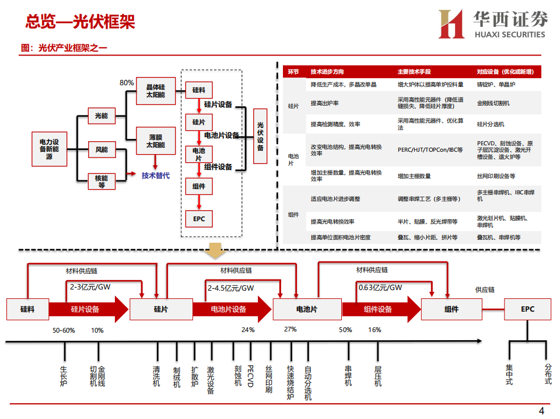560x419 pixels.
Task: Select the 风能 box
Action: tap(101, 150)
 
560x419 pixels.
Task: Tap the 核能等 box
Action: tap(101, 181)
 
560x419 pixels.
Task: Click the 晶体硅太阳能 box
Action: tap(155, 90)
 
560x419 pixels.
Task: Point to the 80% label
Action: tap(127, 82)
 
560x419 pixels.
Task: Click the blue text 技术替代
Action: tap(155, 175)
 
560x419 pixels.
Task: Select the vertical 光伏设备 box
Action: tap(260, 137)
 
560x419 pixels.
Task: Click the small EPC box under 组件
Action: tap(198, 218)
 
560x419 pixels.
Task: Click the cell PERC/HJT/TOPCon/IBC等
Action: tap(430, 149)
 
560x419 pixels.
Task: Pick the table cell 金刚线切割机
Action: tap(493, 103)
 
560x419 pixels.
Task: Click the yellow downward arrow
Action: tap(216, 251)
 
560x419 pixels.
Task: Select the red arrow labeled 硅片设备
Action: tap(88, 309)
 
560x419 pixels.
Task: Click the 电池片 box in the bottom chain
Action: tap(307, 309)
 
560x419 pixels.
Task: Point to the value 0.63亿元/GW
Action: tap(380, 287)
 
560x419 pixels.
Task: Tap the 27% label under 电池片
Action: tap(290, 329)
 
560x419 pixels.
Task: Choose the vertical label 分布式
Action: tap(548, 373)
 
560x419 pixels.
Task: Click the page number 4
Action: tap(541, 410)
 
